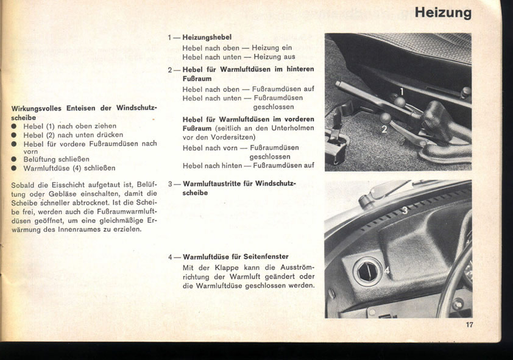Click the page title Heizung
coord(442,12)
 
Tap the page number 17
coord(469,325)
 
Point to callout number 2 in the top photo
coord(384,129)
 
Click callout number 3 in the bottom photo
coord(404,211)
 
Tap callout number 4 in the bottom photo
coord(387,269)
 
